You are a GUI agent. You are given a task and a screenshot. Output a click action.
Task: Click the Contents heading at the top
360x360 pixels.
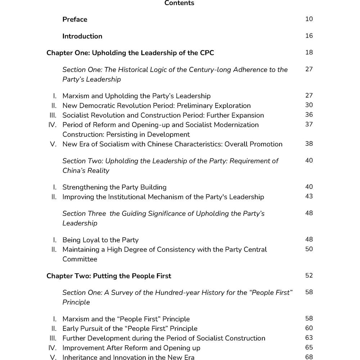[179, 3]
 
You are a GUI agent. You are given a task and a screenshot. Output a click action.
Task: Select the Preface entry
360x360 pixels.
[75, 19]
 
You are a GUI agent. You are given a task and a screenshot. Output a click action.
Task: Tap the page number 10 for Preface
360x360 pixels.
[309, 19]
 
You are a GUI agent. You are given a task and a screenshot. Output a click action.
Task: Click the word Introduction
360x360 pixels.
[82, 36]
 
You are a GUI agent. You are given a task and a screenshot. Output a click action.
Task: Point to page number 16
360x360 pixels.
[309, 36]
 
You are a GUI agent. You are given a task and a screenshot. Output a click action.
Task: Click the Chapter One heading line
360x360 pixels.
[130, 53]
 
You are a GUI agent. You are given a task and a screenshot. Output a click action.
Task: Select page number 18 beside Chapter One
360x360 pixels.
[309, 53]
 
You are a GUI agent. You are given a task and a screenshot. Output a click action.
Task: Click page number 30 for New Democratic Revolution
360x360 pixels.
[309, 105]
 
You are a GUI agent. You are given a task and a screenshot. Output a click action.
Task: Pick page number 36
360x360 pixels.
[309, 115]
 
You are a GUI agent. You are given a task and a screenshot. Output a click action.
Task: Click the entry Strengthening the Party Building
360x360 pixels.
[114, 187]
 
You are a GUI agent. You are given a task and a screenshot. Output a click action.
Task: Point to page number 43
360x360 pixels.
[309, 196]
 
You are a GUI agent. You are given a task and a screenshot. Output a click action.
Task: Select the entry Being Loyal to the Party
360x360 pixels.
[100, 240]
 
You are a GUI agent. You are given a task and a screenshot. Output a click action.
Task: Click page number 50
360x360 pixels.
[309, 249]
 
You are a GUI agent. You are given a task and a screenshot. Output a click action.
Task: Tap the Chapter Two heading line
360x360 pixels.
[109, 276]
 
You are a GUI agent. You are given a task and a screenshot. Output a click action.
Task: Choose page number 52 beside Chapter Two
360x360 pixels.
[309, 276]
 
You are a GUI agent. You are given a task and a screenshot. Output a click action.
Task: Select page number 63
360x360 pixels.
[309, 338]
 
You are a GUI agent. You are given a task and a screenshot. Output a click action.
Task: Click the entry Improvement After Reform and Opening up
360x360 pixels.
[131, 348]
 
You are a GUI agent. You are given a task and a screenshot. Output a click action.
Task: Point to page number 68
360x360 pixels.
[309, 357]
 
